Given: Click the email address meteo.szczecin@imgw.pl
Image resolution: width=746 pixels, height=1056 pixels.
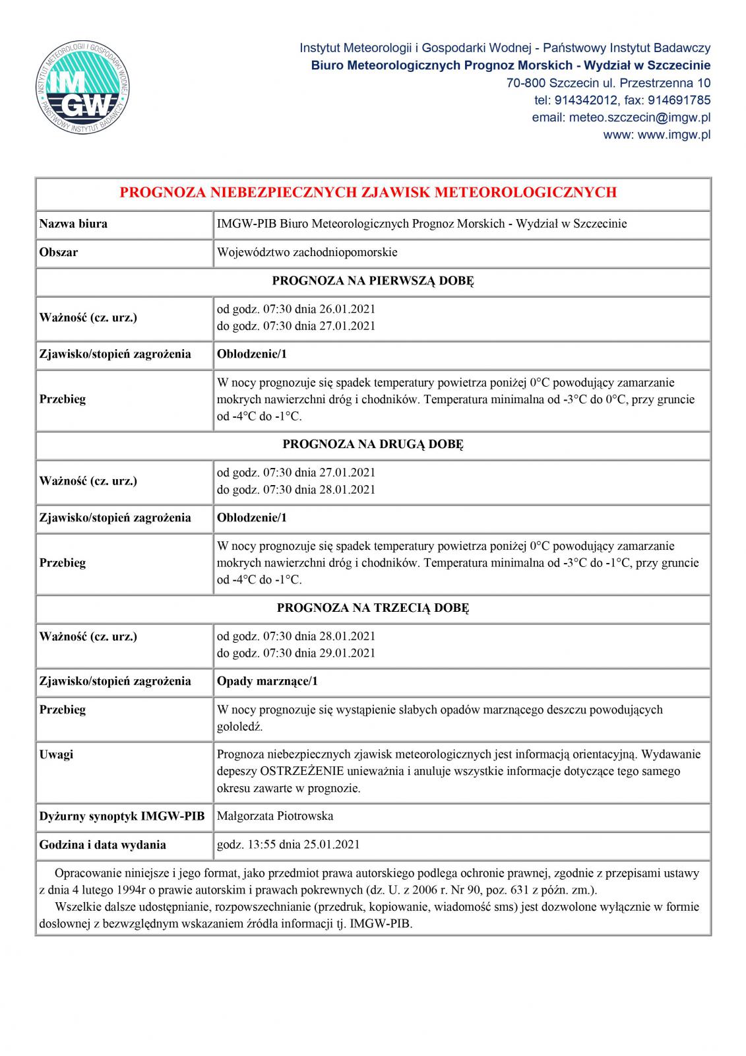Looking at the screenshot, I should tap(621, 117).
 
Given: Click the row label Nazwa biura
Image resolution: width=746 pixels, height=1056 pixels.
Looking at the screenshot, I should tap(73, 224).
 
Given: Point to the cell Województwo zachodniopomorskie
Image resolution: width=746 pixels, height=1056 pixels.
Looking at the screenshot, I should tap(307, 252).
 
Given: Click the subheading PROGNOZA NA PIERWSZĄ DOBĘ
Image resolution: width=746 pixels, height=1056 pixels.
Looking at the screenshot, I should tap(373, 280).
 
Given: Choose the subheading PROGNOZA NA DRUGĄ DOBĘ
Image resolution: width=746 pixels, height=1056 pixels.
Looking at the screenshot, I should tap(373, 444).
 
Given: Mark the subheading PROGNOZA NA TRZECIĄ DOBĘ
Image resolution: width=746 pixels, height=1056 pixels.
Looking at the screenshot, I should tap(373, 608).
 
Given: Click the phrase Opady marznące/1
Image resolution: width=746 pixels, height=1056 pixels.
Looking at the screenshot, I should tap(267, 681).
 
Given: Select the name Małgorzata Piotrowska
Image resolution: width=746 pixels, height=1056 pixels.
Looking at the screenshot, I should tap(275, 816).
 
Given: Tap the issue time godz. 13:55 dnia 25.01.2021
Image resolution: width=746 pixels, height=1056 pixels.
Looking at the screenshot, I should tap(288, 844).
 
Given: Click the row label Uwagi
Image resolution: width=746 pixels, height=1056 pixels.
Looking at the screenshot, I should tap(57, 754).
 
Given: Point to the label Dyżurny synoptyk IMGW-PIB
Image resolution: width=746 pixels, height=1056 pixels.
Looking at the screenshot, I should tap(122, 816).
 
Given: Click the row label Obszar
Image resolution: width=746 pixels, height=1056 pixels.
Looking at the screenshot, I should tap(59, 252).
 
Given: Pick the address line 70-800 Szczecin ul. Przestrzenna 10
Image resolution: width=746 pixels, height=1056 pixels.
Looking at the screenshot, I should tap(608, 83).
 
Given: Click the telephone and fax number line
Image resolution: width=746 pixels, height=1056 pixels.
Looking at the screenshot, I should tap(622, 100).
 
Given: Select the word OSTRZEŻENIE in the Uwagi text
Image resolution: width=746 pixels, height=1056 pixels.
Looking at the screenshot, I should tap(302, 771).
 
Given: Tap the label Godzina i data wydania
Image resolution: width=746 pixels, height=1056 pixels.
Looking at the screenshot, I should tap(103, 844).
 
